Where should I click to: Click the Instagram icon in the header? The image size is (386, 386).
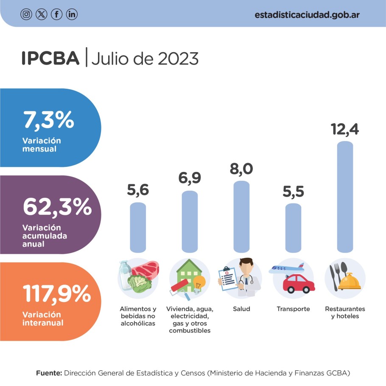pos(26,14)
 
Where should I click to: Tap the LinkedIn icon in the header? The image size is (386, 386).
pos(72,14)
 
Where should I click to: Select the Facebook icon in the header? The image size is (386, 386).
pos(56,14)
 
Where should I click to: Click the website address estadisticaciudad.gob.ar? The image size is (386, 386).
pos(308,14)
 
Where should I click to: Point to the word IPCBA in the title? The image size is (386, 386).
pos(50,59)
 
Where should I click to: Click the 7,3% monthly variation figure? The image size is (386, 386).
pos(49,121)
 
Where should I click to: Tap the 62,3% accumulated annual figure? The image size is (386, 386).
pos(57,207)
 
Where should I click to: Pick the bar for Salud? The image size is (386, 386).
pos(241,217)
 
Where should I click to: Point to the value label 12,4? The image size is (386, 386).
pos(344,129)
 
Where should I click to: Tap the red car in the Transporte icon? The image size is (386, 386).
pos(299,284)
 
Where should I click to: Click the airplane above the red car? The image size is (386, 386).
pos(287,269)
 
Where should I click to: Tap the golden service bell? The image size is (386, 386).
pos(350,282)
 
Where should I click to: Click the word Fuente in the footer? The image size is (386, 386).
pos(48,373)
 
